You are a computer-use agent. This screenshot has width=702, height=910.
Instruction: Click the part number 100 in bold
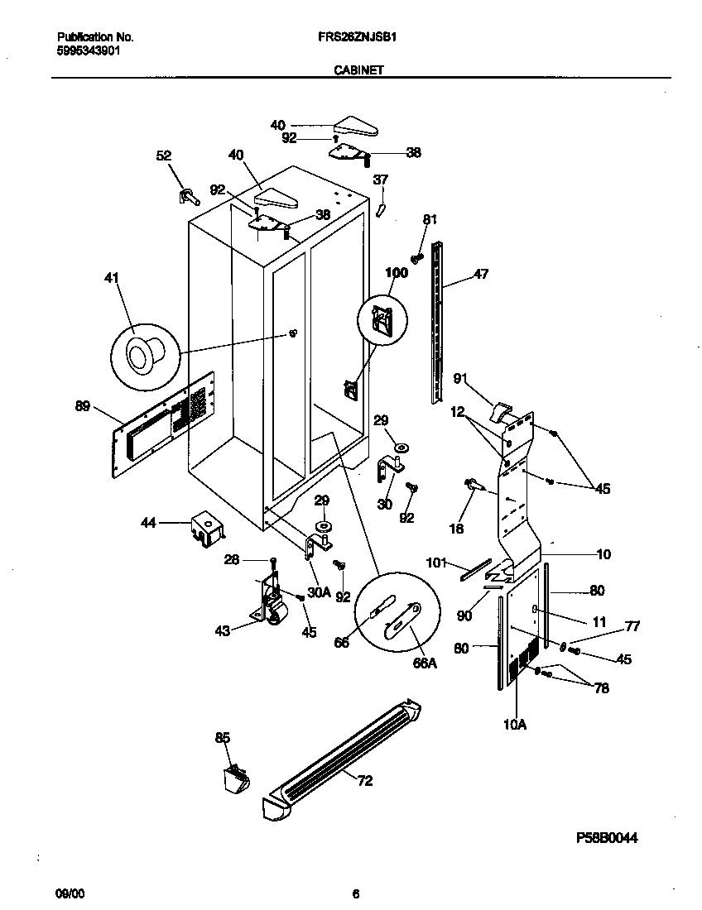[397, 272]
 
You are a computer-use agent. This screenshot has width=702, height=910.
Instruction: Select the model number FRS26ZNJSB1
[365, 37]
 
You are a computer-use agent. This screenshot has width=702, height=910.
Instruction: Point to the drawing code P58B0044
[607, 838]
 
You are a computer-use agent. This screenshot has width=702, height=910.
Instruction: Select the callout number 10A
[514, 726]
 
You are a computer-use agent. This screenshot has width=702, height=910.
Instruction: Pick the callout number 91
[461, 379]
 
